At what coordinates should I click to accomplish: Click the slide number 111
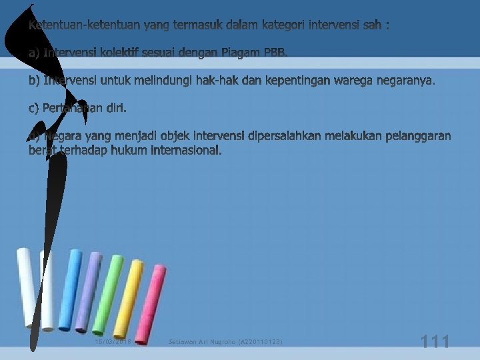tap(435, 343)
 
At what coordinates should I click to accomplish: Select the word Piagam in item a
tap(241, 53)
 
